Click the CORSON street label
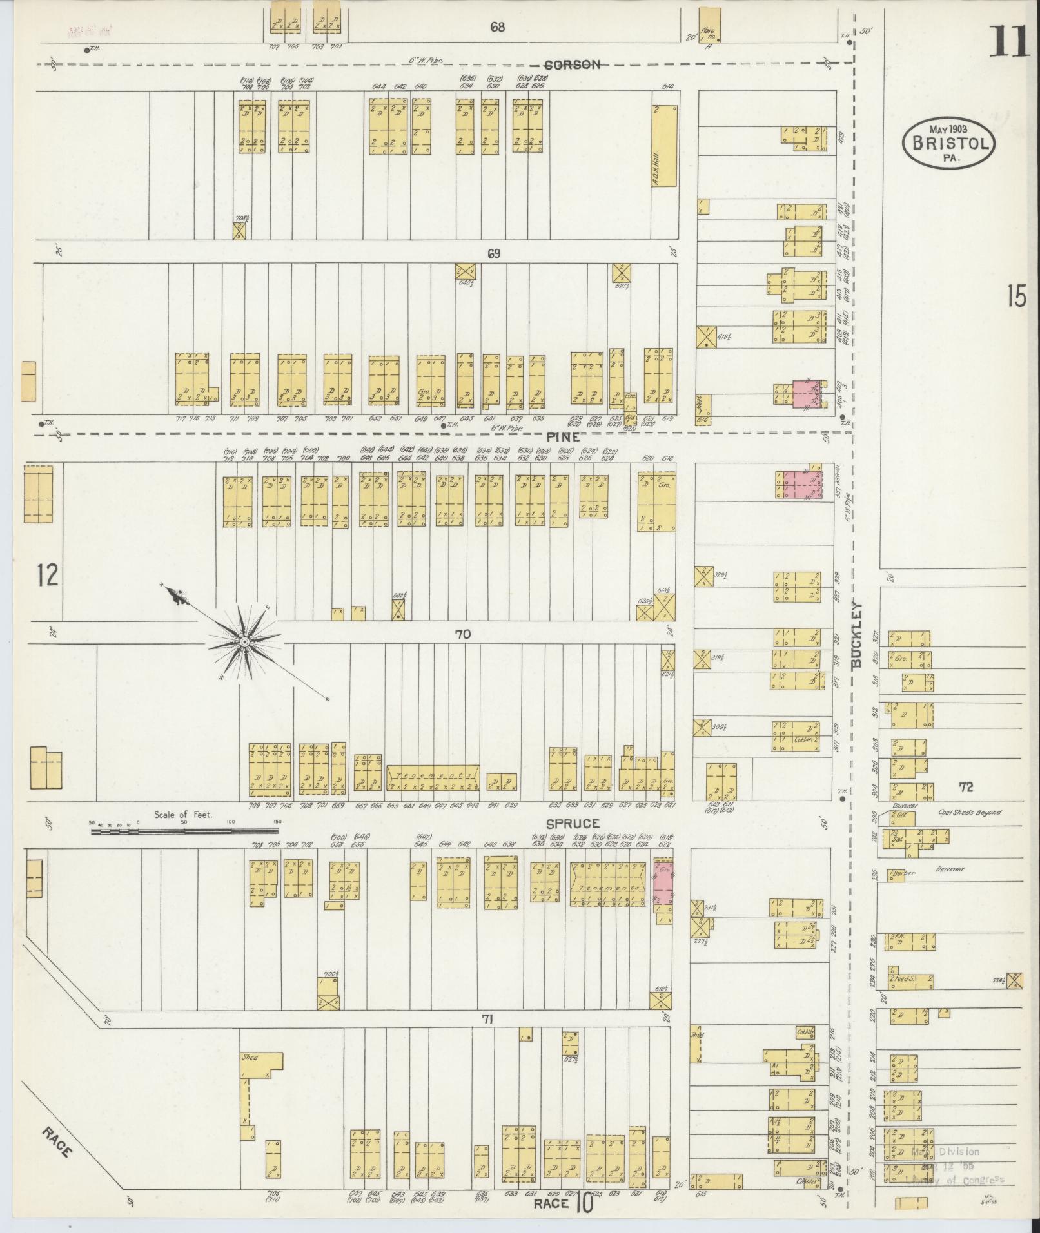(x=572, y=64)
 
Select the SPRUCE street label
(x=573, y=824)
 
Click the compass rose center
(x=245, y=643)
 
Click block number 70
(x=462, y=635)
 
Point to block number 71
(x=487, y=1019)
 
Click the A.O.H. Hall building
(x=665, y=145)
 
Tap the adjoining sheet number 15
(x=1016, y=297)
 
